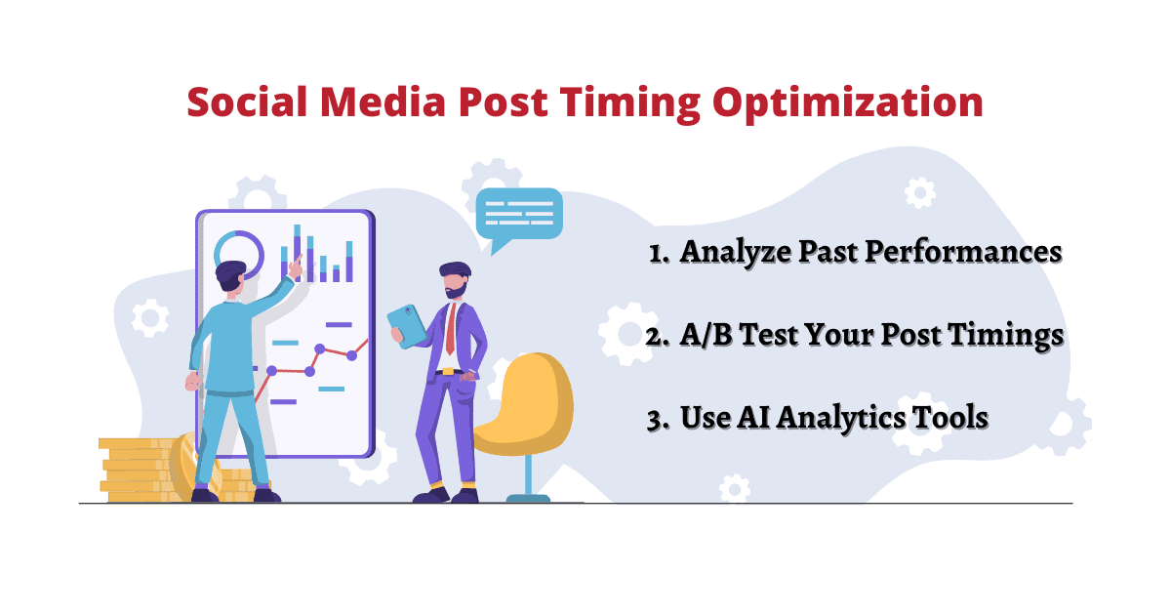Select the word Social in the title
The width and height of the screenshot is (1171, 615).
(x=247, y=102)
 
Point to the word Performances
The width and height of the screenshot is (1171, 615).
(x=963, y=252)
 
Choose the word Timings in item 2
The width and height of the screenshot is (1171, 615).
(x=1005, y=336)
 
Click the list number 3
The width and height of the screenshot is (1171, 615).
(x=657, y=420)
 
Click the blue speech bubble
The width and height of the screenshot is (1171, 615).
(x=518, y=217)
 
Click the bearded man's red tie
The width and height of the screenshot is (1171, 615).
(x=451, y=329)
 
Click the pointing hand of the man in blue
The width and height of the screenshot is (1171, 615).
(x=296, y=266)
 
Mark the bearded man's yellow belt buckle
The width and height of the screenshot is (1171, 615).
(x=448, y=372)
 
